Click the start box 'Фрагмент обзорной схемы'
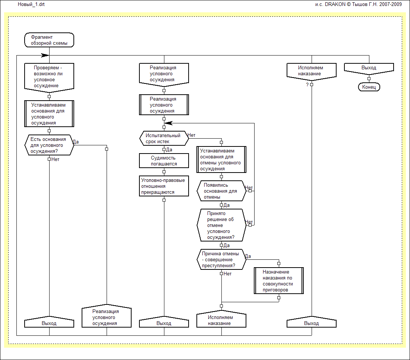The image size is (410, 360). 49,40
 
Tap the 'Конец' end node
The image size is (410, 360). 369,87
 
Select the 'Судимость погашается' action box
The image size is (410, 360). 164,161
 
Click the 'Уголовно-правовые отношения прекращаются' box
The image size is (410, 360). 164,186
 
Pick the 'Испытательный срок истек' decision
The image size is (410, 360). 164,139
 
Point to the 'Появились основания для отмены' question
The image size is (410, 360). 221,191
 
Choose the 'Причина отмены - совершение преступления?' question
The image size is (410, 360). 221,260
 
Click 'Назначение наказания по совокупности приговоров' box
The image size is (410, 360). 278,281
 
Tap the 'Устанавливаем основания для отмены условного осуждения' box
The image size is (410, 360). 221,160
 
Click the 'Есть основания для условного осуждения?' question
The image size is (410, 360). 49,145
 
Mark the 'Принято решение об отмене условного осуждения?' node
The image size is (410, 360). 221,225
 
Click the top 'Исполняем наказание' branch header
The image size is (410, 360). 312,70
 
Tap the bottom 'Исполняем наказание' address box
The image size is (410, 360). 221,320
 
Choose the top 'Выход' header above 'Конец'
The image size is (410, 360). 369,68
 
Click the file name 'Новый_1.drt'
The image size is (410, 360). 29,4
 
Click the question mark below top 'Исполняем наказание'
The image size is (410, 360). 307,85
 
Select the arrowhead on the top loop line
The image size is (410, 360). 45,55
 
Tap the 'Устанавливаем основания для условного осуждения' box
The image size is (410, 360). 49,114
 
